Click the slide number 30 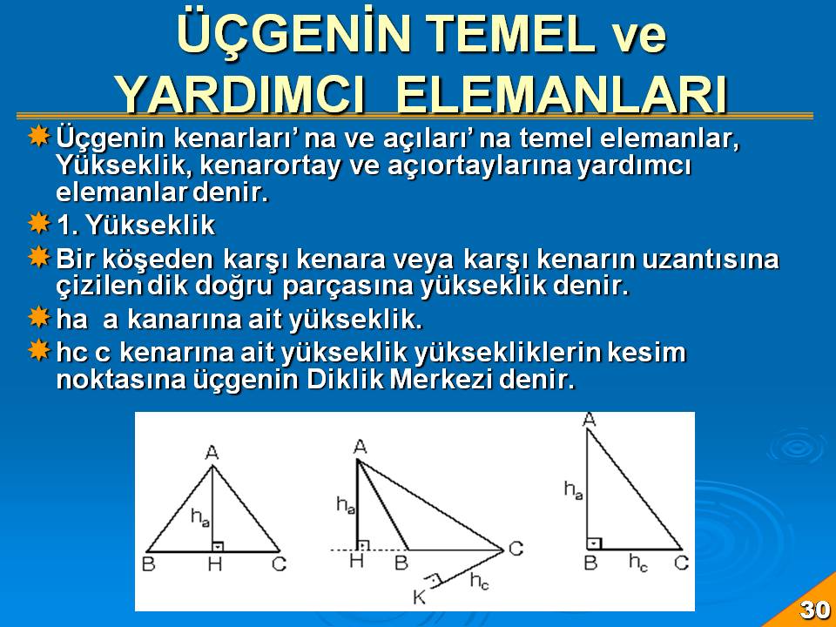click(815, 609)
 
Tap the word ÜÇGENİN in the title click(296, 34)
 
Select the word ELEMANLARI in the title click(562, 94)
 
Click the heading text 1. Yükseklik click(136, 225)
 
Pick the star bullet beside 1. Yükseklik click(39, 223)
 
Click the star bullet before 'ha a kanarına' click(39, 317)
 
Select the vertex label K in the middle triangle click(420, 597)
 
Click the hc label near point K click(479, 581)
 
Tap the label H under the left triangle click(215, 564)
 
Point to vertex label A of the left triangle click(212, 453)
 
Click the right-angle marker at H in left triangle click(218, 546)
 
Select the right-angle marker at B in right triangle click(594, 543)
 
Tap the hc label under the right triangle click(638, 563)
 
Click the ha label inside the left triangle click(200, 517)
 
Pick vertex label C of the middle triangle click(516, 548)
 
